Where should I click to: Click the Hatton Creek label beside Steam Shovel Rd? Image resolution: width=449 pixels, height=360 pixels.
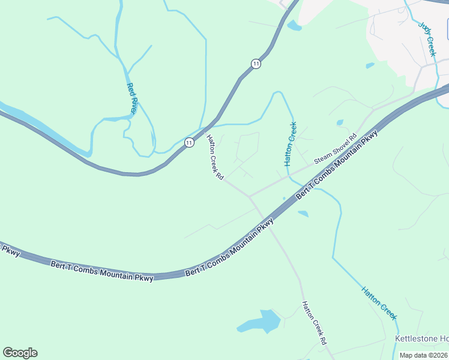pyautogui.click(x=291, y=144)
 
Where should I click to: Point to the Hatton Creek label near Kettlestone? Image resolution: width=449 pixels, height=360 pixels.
pyautogui.click(x=379, y=303)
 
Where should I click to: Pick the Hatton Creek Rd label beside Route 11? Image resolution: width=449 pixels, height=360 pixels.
pyautogui.click(x=215, y=158)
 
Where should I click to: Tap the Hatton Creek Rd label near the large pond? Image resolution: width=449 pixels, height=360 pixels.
pyautogui.click(x=314, y=322)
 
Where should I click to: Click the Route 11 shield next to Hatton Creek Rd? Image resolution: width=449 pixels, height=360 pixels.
pyautogui.click(x=189, y=142)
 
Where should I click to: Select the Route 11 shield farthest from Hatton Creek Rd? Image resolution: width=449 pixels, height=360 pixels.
pyautogui.click(x=256, y=64)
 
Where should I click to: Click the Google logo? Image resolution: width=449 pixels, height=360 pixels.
pyautogui.click(x=20, y=353)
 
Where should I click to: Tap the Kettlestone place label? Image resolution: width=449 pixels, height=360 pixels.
pyautogui.click(x=421, y=339)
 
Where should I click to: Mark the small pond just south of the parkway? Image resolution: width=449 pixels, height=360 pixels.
pyautogui.click(x=303, y=213)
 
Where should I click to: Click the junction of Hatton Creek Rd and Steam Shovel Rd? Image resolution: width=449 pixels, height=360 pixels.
pyautogui.click(x=249, y=197)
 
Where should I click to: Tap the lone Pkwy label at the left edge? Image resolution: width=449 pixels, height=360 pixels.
pyautogui.click(x=10, y=250)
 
